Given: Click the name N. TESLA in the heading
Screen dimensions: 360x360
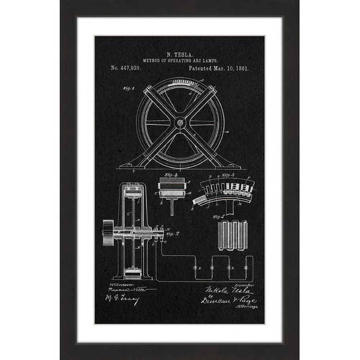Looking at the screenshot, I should pos(179,55).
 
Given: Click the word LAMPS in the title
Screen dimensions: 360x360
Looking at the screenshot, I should pos(210,61).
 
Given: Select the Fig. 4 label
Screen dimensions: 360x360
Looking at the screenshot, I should pos(171,175).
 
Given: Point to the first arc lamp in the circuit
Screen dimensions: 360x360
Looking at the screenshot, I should pos(195,267).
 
